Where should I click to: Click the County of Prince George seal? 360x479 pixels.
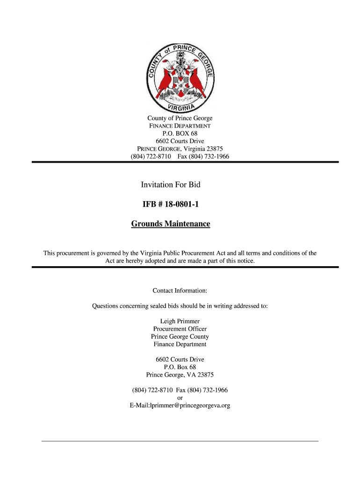click(x=180, y=77)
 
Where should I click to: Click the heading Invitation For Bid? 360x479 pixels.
click(x=171, y=185)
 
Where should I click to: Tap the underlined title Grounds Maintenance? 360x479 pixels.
click(x=171, y=224)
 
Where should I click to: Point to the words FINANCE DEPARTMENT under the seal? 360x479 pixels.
click(x=180, y=126)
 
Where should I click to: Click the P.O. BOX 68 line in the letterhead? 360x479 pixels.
click(x=180, y=134)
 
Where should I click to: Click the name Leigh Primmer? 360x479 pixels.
click(x=180, y=321)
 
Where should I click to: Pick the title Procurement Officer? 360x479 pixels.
click(x=180, y=329)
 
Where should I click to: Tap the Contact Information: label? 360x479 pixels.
click(x=180, y=291)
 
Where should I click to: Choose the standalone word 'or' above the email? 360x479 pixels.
click(x=180, y=398)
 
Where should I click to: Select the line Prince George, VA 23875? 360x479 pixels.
click(x=180, y=375)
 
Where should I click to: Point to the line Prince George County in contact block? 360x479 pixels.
click(x=180, y=337)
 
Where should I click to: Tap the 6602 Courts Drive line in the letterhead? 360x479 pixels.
click(x=180, y=141)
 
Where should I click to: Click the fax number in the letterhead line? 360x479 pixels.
click(x=209, y=156)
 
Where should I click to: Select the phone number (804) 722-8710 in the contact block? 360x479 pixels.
click(x=152, y=390)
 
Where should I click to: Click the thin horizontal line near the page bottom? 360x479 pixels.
click(x=180, y=441)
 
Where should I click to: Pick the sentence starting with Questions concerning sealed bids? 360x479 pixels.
click(x=180, y=306)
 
